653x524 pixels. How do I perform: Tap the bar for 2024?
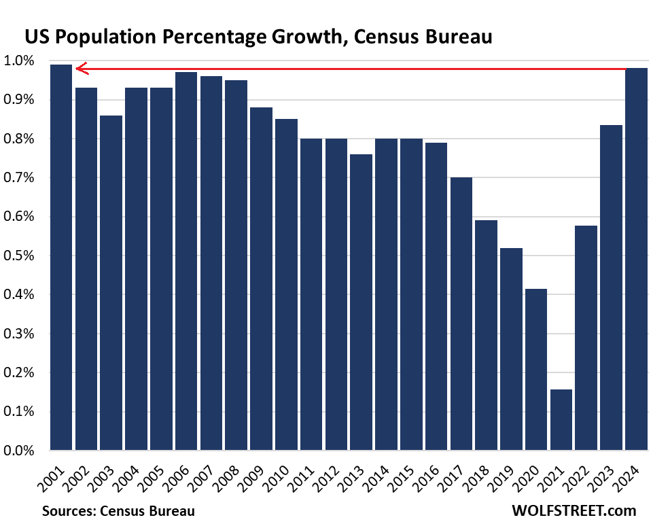point(637,259)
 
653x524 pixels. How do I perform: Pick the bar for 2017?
point(461,313)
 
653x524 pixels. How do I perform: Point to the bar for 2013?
point(361,302)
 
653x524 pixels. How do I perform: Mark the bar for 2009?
point(261,279)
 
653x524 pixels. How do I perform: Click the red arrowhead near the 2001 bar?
point(81,68)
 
